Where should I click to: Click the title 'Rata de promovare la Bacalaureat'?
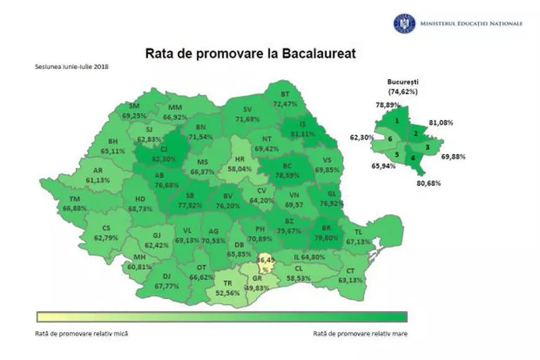[x=250, y=53]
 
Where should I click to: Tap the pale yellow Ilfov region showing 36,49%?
[x=265, y=264]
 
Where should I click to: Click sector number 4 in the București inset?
[x=413, y=158]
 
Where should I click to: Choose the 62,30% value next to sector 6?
[x=359, y=137]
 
